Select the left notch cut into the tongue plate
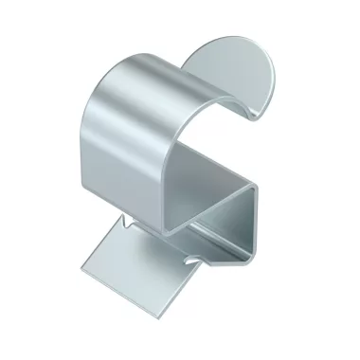click(125, 225)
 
